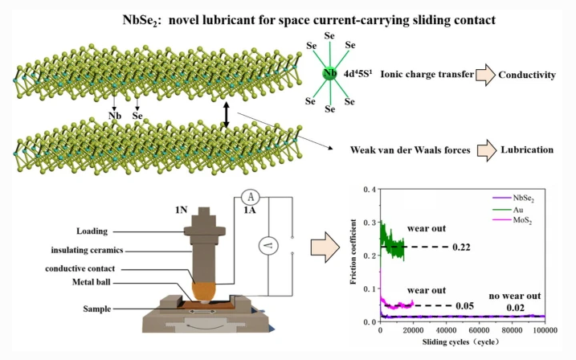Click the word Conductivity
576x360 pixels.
click(x=527, y=76)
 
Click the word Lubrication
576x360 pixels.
click(x=525, y=150)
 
